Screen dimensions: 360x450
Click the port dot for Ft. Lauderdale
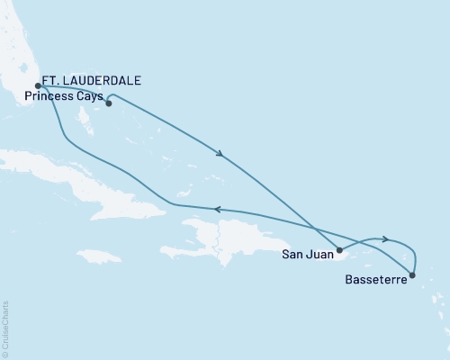pos(38,86)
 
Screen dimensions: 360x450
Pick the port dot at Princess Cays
pos(108,103)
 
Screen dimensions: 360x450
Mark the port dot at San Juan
pos(339,249)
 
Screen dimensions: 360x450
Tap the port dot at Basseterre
pos(412,275)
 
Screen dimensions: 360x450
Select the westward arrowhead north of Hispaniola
pos(216,210)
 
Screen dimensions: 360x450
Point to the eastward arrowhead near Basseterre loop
pos(385,239)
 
